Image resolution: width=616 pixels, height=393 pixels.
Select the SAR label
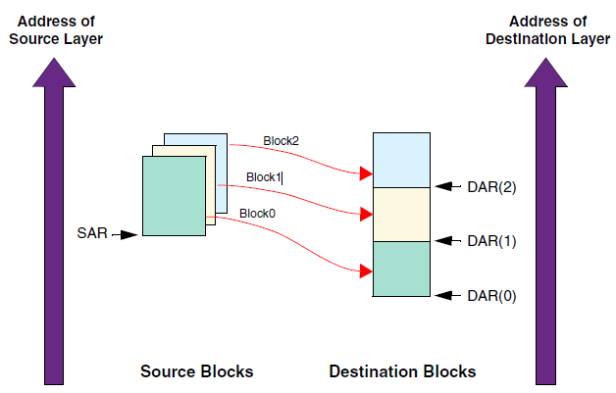tap(91, 233)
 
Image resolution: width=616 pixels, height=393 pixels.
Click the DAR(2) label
tap(488, 186)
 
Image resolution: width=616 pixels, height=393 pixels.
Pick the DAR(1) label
tap(488, 240)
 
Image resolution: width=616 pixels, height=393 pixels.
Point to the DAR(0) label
tap(488, 295)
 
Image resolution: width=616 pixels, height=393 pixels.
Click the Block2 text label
tap(281, 141)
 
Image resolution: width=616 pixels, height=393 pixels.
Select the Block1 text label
tap(264, 177)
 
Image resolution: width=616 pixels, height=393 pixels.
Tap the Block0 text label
tap(257, 213)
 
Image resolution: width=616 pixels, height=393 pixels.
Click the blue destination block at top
tap(402, 159)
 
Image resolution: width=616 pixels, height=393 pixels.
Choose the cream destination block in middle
tap(402, 214)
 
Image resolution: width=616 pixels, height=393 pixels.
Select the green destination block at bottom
tap(402, 269)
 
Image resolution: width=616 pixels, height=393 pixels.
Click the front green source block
tap(174, 196)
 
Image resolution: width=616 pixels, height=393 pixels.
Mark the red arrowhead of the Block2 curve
tap(366, 174)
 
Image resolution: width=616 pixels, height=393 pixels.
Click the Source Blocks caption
tap(196, 371)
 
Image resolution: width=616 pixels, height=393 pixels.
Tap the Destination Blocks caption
tap(402, 371)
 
